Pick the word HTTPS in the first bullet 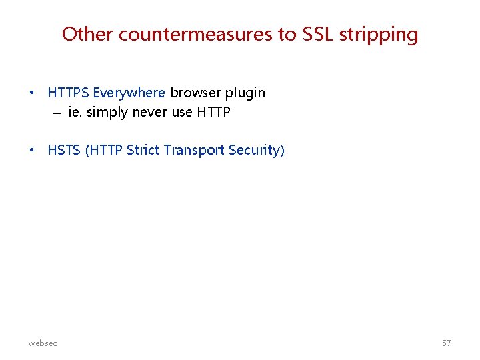69,93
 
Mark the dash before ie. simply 57,113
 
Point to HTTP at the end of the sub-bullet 213,112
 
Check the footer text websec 43,343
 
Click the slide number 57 446,343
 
